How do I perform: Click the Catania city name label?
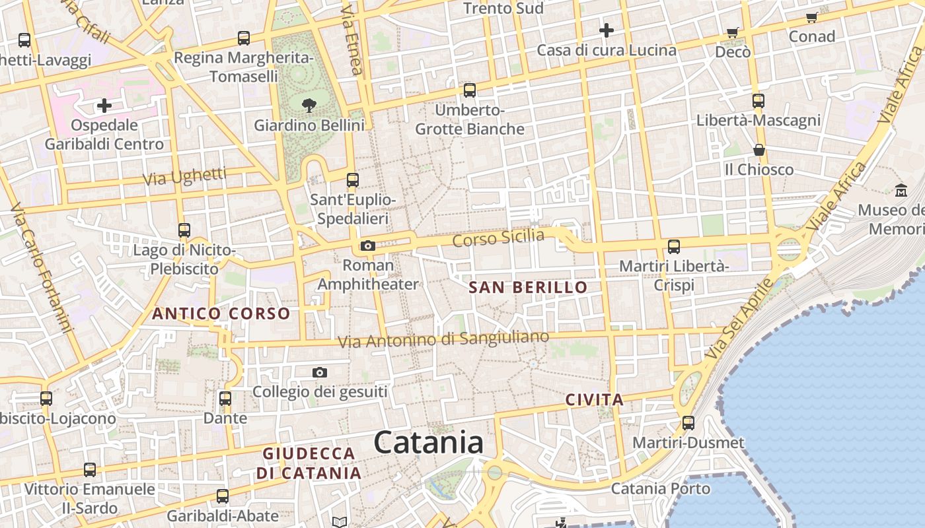(429, 443)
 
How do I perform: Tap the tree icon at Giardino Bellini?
(309, 104)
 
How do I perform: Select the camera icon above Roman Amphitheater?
(367, 246)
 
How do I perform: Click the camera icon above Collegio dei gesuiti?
(320, 373)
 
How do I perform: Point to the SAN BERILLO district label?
(528, 287)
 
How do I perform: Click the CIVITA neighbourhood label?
(595, 399)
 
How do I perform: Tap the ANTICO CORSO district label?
(221, 313)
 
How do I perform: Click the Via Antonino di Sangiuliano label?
(443, 339)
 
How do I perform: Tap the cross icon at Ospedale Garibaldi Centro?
(104, 106)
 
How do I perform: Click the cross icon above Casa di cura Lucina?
(606, 30)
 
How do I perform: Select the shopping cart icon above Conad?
(811, 18)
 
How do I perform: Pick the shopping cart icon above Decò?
(732, 32)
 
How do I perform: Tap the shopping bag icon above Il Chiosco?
(758, 150)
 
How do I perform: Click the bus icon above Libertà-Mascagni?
(758, 101)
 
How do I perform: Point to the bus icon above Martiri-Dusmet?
(688, 423)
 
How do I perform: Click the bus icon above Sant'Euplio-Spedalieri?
(353, 180)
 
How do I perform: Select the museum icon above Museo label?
(901, 191)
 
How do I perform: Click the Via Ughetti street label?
(184, 177)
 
